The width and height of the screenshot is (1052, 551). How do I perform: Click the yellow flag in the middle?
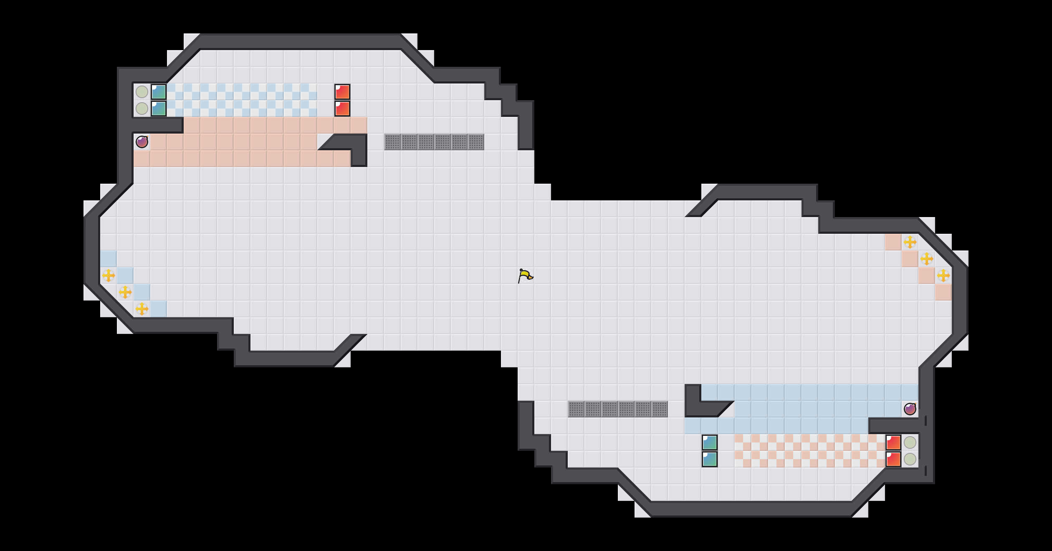point(525,275)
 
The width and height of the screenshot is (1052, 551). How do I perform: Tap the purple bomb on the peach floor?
point(142,142)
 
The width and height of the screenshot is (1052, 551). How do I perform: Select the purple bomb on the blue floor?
point(910,409)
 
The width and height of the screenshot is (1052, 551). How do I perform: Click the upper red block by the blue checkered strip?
point(342,92)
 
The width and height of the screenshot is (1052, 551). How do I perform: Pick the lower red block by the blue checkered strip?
point(342,109)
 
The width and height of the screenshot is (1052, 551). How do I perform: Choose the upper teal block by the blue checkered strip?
point(159,92)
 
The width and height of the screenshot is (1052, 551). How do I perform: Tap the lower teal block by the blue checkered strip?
point(159,109)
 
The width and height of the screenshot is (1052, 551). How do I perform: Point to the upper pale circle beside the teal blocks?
point(142,92)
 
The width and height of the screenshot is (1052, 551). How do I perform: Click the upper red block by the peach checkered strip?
point(893,442)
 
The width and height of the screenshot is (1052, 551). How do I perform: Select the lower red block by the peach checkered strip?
point(893,459)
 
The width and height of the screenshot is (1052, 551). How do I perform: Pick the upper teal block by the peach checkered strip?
point(710,442)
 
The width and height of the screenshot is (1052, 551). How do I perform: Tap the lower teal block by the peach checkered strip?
point(710,459)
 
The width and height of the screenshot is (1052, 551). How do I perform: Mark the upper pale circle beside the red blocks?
point(910,442)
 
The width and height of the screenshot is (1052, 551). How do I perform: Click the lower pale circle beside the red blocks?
point(910,459)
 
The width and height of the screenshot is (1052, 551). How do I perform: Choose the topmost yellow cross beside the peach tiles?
point(910,242)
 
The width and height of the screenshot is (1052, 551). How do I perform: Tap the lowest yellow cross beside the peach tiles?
point(943,275)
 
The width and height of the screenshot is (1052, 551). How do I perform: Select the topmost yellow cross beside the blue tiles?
point(109,275)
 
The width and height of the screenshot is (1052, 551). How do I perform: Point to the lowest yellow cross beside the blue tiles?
point(142,309)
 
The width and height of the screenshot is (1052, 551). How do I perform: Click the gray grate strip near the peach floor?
point(434,142)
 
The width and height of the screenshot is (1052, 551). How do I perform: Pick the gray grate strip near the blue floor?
point(618,409)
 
